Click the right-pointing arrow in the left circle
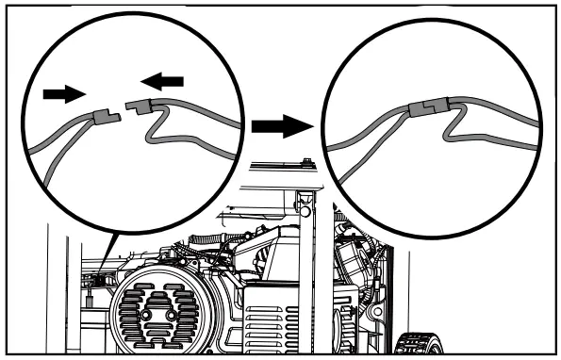tap(62, 93)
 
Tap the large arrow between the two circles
tap(283, 123)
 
